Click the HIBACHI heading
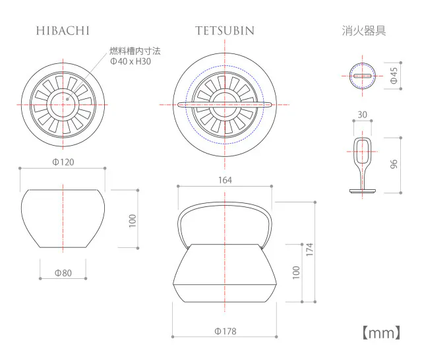pos(63,31)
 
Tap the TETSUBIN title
pos(225,31)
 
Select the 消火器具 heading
pos(363,30)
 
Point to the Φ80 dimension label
pos(63,272)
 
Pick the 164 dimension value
pos(225,179)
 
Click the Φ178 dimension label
pos(225,331)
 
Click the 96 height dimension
pos(394,165)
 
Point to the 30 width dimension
pos(362,114)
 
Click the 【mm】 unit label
pos(382,332)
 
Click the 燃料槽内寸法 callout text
pos(135,50)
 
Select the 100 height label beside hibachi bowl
pos(132,220)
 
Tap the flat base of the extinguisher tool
pos(362,192)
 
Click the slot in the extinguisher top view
pos(362,76)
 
